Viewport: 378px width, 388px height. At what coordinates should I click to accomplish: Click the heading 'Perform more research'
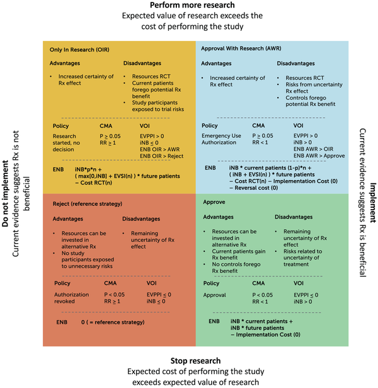point(189,6)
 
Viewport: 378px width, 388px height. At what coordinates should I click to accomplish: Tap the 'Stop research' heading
point(189,361)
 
